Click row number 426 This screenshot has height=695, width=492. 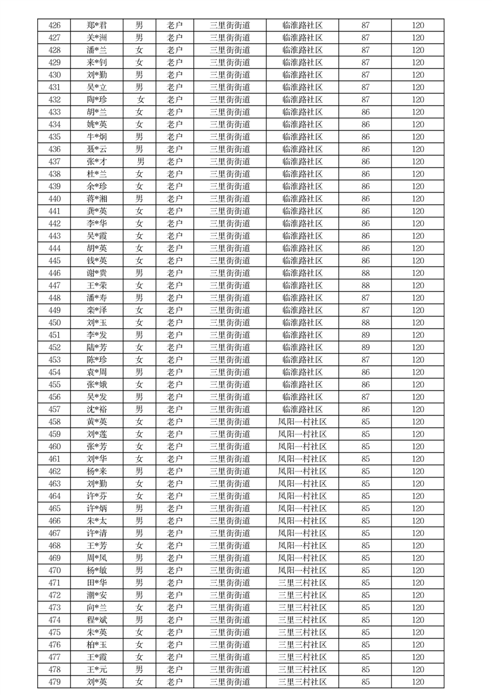click(54, 25)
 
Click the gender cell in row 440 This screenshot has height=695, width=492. click(139, 199)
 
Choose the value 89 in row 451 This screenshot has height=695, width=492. click(366, 335)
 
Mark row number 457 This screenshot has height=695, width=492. click(54, 409)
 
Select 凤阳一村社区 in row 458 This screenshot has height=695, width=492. click(302, 422)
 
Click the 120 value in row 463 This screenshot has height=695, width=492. click(418, 484)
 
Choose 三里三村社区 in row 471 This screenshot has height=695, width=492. click(302, 583)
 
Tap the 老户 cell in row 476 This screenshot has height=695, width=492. click(175, 645)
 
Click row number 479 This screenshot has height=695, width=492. click(54, 682)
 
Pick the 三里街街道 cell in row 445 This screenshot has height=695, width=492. click(230, 261)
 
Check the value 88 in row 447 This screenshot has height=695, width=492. click(366, 286)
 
